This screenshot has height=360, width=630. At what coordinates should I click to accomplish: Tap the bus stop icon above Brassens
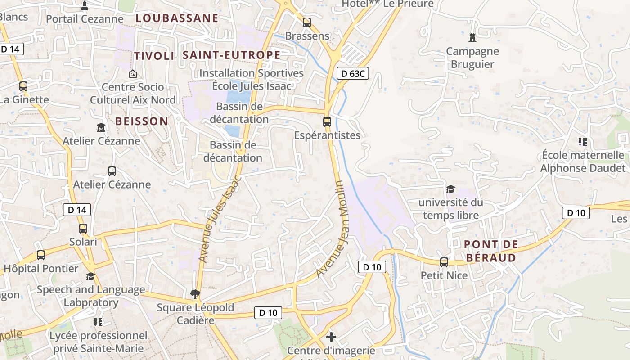[x=307, y=22]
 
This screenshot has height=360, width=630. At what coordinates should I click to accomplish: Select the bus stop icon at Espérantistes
[x=327, y=121]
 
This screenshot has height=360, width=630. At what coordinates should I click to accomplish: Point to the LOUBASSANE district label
[x=177, y=18]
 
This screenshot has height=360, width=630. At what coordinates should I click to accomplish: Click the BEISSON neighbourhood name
[x=142, y=121]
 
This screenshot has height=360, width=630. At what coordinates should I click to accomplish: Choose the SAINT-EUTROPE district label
[x=231, y=55]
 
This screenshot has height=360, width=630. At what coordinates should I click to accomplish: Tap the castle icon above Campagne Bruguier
[x=472, y=37]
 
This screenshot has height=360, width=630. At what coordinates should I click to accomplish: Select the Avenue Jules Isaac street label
[x=220, y=219]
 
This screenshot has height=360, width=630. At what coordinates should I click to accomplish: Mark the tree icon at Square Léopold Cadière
[x=195, y=294]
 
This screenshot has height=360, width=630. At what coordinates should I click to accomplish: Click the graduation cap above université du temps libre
[x=451, y=189]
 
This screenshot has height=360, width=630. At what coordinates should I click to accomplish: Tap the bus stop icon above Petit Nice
[x=444, y=262]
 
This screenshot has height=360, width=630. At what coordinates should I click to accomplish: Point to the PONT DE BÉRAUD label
[x=490, y=251]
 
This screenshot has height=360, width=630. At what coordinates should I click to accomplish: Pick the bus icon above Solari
[x=83, y=228]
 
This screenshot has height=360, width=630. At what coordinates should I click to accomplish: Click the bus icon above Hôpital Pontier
[x=41, y=255]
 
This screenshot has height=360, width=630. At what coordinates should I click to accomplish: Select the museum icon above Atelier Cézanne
[x=101, y=127]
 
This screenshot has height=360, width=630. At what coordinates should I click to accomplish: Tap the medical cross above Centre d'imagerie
[x=331, y=337]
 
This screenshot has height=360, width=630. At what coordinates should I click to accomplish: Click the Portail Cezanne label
[x=85, y=19]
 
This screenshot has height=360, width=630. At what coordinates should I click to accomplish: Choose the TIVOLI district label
[x=154, y=56]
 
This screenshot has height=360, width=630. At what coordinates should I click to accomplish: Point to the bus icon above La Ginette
[x=23, y=86]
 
